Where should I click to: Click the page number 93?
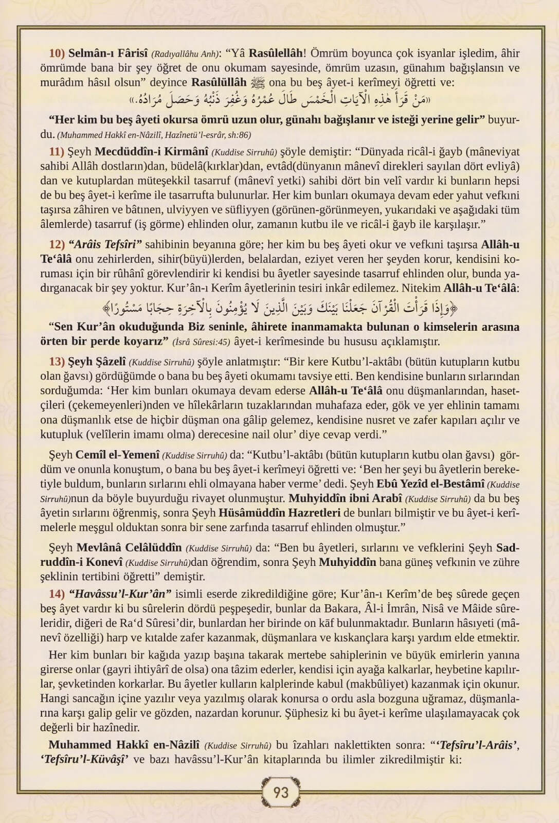(280, 792)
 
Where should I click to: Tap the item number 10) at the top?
(57, 53)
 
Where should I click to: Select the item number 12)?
(57, 244)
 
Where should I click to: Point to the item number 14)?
(57, 594)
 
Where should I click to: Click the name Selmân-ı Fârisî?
(107, 53)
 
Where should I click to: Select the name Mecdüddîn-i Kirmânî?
(151, 152)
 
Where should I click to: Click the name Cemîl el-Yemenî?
(117, 455)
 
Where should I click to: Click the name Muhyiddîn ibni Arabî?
(345, 498)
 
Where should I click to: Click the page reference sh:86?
(240, 135)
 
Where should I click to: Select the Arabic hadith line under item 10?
(280, 98)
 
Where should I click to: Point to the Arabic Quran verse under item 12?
(280, 308)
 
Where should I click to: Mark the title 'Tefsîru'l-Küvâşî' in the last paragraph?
(84, 760)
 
